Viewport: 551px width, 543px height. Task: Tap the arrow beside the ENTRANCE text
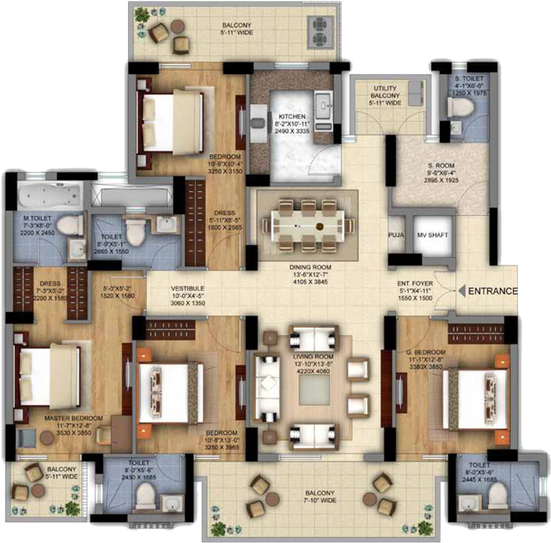(462, 291)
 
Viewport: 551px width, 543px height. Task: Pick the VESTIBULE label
(188, 289)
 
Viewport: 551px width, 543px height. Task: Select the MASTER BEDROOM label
(74, 418)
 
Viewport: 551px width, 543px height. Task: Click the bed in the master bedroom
(49, 376)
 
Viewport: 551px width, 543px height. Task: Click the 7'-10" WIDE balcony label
(320, 496)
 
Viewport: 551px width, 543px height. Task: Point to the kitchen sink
(324, 104)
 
